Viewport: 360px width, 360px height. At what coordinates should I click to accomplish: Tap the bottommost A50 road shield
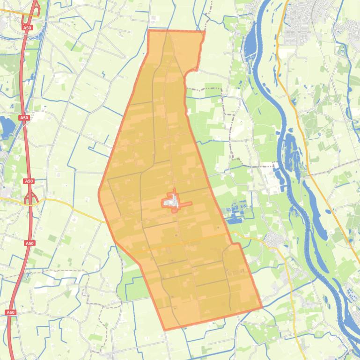pyautogui.click(x=10, y=312)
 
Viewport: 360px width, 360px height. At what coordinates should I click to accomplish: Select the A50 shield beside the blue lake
pyautogui.click(x=24, y=118)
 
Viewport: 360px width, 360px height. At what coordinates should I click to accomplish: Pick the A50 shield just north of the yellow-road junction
pyautogui.click(x=29, y=181)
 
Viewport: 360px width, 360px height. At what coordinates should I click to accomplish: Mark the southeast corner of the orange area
pyautogui.click(x=261, y=308)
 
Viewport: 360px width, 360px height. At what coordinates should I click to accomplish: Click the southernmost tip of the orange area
pyautogui.click(x=165, y=330)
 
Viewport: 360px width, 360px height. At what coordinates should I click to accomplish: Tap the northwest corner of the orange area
pyautogui.click(x=148, y=31)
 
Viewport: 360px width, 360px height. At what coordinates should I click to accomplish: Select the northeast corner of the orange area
pyautogui.click(x=204, y=32)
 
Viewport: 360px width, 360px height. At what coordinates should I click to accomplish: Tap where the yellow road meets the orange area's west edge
pyautogui.click(x=106, y=222)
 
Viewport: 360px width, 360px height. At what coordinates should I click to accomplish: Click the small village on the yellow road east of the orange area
pyautogui.click(x=272, y=240)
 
